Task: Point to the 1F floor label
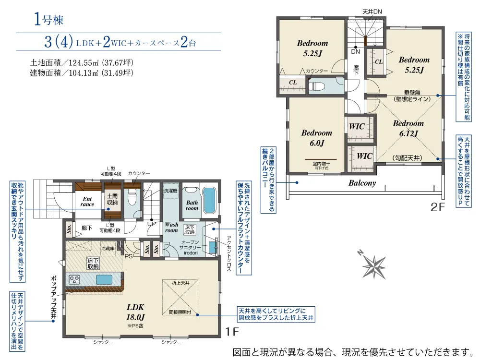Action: point(233,331)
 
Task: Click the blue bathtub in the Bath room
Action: point(209,201)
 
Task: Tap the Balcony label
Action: point(362,183)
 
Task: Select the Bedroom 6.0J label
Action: point(316,138)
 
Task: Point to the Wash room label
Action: point(171,228)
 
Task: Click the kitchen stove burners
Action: point(75,280)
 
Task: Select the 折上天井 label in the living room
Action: point(180,283)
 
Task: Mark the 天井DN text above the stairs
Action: point(372,12)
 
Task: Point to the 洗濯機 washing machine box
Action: point(170,191)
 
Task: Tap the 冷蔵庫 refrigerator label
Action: point(108,248)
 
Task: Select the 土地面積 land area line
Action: point(82,63)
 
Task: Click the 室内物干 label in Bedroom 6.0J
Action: point(320,164)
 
